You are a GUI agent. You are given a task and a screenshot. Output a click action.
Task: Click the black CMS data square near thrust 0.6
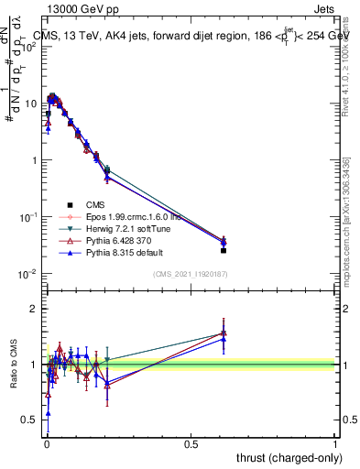coord(223,250)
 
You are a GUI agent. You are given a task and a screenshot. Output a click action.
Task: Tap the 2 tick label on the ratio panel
coord(32,309)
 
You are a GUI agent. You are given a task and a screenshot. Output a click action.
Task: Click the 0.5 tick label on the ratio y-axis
coord(27,420)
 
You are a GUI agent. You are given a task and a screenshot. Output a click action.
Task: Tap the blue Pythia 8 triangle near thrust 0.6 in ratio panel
coord(223,339)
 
